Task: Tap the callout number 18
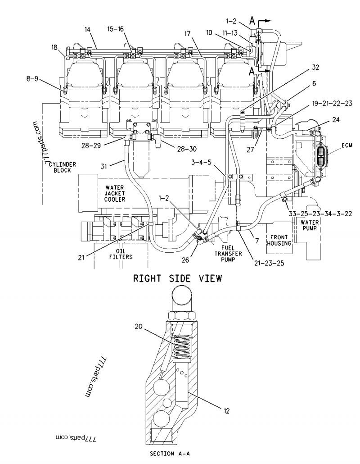(54, 47)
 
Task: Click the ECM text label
(346, 145)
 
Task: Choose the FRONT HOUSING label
(279, 240)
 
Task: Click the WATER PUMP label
(310, 225)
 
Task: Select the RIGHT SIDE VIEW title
(177, 279)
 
